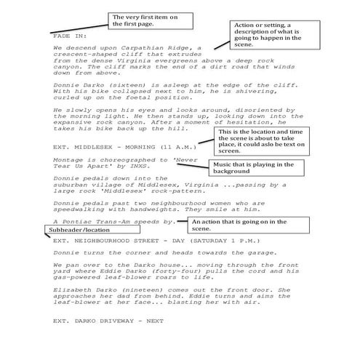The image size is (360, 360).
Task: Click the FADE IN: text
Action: pos(70,34)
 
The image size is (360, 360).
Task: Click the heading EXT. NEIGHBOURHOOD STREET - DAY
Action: pos(131,239)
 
